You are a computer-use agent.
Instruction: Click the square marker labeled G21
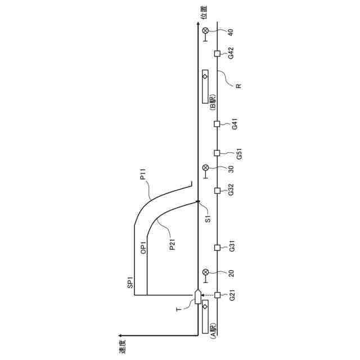click(x=217, y=295)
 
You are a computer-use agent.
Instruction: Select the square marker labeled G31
click(x=217, y=247)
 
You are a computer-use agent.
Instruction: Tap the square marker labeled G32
click(x=217, y=191)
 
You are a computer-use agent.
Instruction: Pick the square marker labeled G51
click(x=217, y=153)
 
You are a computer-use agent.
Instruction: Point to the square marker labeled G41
click(x=217, y=124)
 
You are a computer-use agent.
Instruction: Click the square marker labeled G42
click(x=217, y=54)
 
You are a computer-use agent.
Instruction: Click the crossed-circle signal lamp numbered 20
click(x=205, y=272)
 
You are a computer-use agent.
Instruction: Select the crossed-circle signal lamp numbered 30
click(x=205, y=168)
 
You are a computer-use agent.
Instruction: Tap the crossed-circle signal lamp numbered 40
click(x=205, y=30)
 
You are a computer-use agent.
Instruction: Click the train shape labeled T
click(x=198, y=296)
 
